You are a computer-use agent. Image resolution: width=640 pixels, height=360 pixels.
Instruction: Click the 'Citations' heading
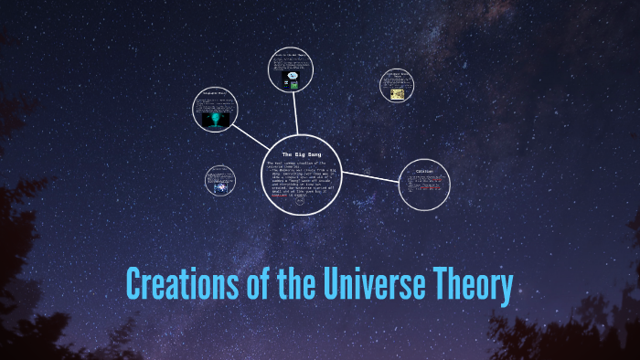[x=423, y=171]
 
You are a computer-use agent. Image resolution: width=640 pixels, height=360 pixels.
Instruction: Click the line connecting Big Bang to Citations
[x=369, y=179]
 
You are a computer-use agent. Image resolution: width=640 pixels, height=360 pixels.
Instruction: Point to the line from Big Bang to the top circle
[x=295, y=116]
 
